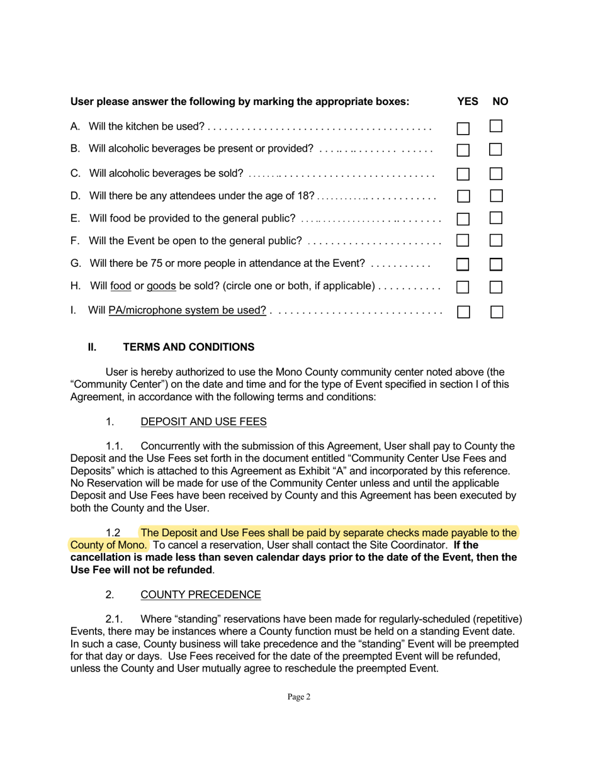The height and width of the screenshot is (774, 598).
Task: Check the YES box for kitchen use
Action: (x=463, y=128)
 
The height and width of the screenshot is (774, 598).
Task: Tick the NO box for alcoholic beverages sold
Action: (x=496, y=173)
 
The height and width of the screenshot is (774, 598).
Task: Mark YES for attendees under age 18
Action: (x=463, y=196)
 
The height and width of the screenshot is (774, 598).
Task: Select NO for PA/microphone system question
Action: (x=497, y=311)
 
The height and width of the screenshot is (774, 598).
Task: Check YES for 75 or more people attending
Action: (x=463, y=264)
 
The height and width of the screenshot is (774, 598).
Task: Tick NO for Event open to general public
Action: (x=496, y=240)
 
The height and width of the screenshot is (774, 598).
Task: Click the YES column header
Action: (x=468, y=101)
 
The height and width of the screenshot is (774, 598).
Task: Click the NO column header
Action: (x=500, y=101)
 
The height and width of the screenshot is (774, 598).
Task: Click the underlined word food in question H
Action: (x=120, y=286)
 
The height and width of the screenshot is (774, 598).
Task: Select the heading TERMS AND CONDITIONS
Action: (x=189, y=347)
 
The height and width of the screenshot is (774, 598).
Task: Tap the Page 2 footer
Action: (x=299, y=697)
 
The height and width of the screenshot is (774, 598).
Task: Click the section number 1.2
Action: (x=113, y=533)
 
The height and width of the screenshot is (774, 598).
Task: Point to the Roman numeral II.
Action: (x=92, y=347)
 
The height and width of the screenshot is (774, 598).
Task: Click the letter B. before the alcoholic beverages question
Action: (x=75, y=149)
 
